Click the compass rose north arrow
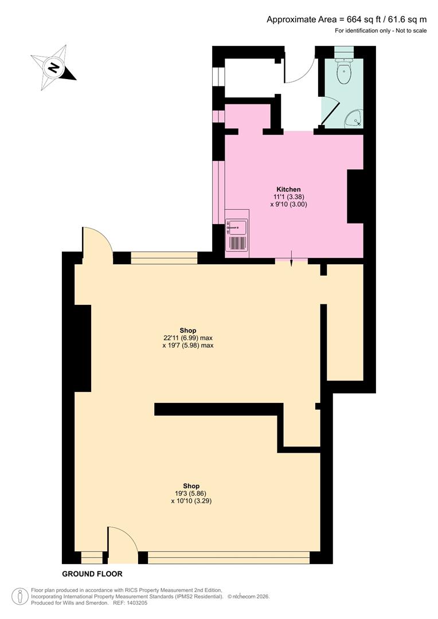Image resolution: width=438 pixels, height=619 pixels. tap(53, 68)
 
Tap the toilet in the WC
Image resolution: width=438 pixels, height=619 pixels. tap(344, 71)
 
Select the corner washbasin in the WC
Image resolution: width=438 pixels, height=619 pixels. tap(355, 118)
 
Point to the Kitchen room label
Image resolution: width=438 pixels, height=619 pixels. tap(288, 189)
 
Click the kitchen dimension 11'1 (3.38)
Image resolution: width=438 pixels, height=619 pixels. tap(289, 197)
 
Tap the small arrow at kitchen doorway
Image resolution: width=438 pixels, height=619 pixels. tap(291, 258)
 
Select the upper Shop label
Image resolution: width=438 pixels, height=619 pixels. tap(188, 330)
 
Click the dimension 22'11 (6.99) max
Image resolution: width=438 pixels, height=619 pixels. tap(188, 338)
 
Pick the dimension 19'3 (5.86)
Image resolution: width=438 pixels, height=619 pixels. tap(191, 493)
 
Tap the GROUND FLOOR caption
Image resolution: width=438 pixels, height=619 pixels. tap(92, 574)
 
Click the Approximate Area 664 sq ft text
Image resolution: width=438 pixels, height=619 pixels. tap(346, 19)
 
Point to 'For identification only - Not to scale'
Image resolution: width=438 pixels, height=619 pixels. tap(381, 30)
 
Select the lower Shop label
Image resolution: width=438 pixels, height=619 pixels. tap(191, 485)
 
